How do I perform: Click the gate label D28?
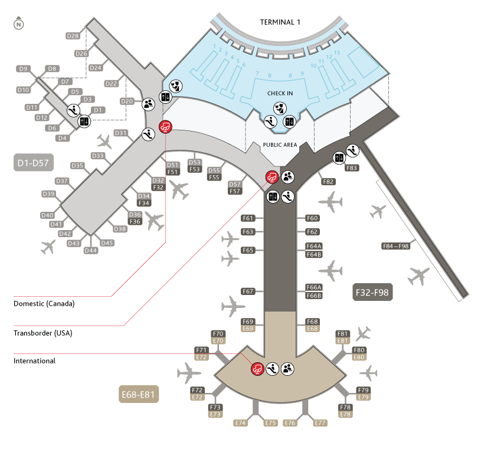coord(73,36)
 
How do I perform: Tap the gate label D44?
coord(91,251)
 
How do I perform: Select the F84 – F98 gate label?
coord(396,246)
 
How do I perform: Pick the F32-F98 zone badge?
coord(372,292)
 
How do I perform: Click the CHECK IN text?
coord(280,93)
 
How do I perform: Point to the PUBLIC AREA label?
coord(280,145)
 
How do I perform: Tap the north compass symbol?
coord(19,25)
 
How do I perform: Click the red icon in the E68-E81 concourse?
coord(257,369)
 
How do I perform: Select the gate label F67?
coord(248,291)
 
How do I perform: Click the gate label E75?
coord(271,423)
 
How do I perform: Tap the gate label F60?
coord(313,218)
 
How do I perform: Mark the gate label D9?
coord(24,69)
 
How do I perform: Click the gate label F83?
coord(352,168)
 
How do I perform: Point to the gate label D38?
coord(120,229)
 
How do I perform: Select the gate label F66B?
coord(313,296)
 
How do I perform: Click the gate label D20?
coord(127,101)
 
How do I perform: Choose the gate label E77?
coord(320,423)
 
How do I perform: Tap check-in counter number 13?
coord(337,53)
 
